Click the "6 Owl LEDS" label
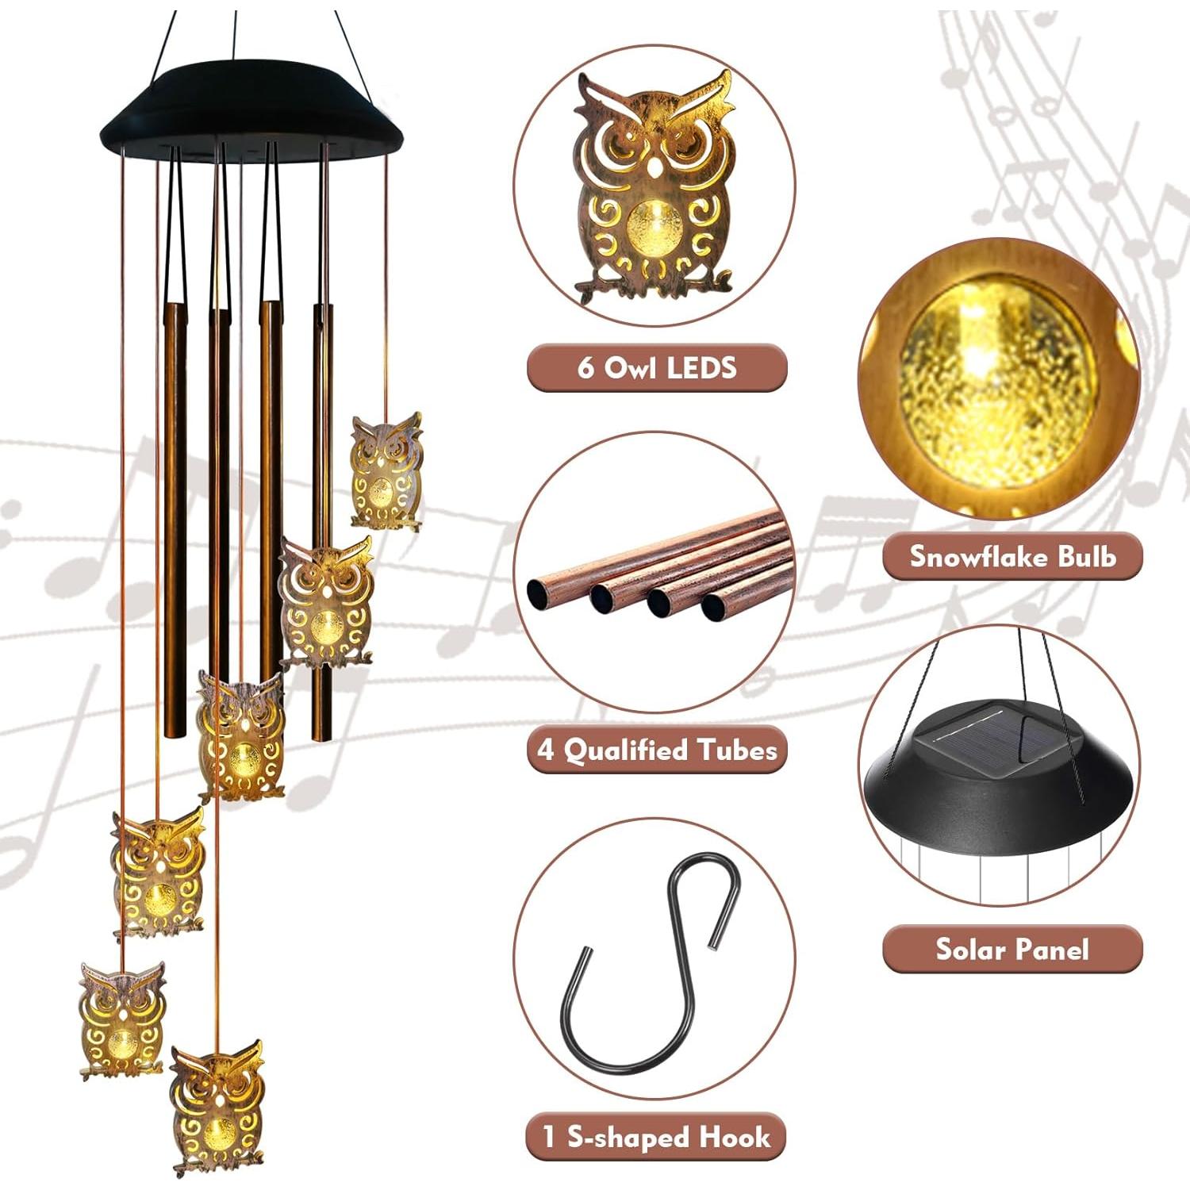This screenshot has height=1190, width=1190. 657,368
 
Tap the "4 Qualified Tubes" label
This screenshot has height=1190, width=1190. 657,750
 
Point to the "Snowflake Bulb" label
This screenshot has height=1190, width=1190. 1012,556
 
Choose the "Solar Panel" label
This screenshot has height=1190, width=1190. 1012,949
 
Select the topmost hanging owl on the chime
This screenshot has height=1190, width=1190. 386,470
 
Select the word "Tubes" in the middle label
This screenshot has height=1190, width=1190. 737,750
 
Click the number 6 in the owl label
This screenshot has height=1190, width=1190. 586,368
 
